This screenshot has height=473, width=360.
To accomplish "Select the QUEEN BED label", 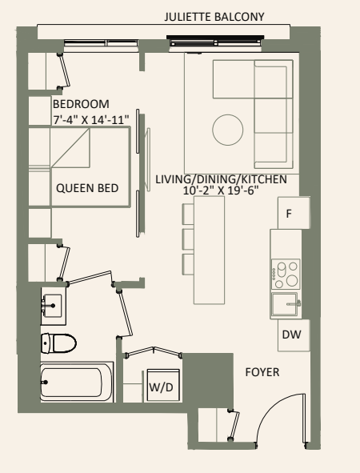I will click(x=86, y=189).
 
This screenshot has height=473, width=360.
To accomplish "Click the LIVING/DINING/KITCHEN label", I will click(x=221, y=179).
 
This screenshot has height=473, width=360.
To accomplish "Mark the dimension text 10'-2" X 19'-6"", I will click(x=221, y=191).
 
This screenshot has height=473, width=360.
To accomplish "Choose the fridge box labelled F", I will click(x=290, y=213).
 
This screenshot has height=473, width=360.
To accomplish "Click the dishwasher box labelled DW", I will click(x=290, y=335).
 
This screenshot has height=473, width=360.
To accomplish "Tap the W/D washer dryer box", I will click(x=160, y=387).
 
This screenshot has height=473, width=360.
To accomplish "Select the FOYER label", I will click(x=263, y=373).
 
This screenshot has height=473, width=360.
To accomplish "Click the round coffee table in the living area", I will click(x=226, y=129).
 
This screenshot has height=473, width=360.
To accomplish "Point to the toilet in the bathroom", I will click(x=58, y=343).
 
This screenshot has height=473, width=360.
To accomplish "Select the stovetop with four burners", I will click(x=286, y=273).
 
